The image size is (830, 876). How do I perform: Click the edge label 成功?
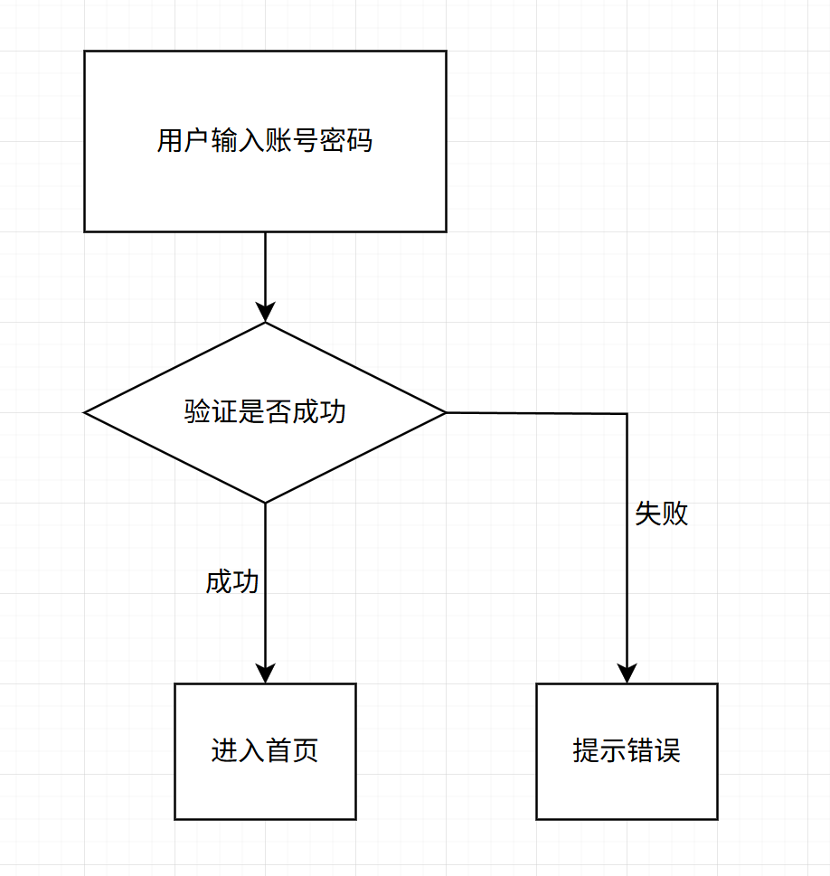(232, 582)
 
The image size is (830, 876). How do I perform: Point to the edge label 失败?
(662, 513)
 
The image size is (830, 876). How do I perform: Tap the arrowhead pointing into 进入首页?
(265, 673)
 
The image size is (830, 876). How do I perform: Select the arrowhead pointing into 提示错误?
(627, 673)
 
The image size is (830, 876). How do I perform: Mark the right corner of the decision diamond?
(445, 413)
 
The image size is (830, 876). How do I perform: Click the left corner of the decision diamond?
(86, 413)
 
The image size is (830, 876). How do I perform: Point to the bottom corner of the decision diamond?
(265, 502)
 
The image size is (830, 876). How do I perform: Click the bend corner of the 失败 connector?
(627, 414)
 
